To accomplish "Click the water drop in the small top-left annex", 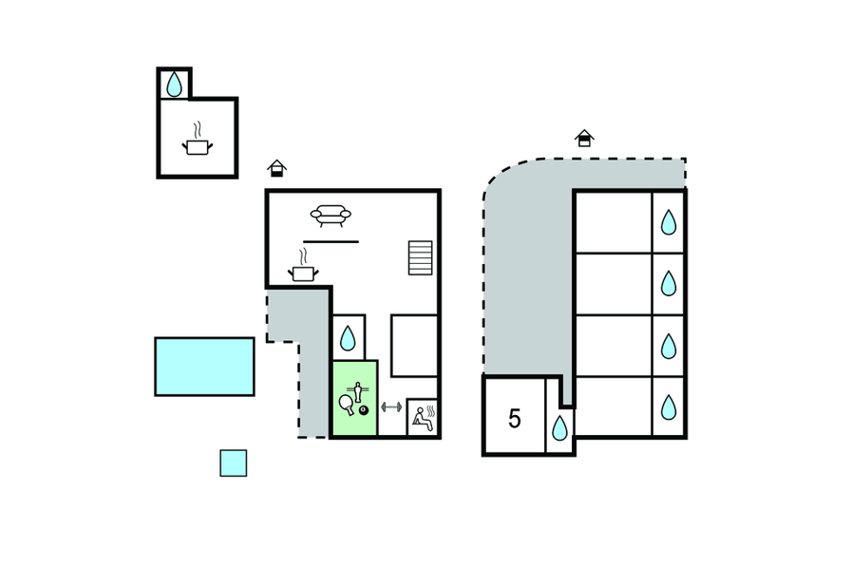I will tap(174, 85).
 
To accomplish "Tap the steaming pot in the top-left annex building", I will tap(197, 146).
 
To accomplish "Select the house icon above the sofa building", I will tap(276, 168).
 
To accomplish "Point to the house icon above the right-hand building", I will tap(584, 138).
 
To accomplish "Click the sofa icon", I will tap(331, 216).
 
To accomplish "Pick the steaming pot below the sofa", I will tap(303, 273).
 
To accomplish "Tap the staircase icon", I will tap(420, 257).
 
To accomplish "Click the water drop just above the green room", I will tap(349, 338).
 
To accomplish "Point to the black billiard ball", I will tap(364, 409).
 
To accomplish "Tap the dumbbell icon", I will tap(391, 406).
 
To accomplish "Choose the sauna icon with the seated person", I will tap(422, 418).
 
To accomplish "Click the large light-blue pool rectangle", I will tap(204, 366).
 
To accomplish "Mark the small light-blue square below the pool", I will tap(233, 463).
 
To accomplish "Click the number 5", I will tap(514, 419).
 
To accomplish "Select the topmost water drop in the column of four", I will tap(669, 222).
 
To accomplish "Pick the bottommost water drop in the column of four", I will tap(669, 407).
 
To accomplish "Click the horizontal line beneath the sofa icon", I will tap(331, 241).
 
